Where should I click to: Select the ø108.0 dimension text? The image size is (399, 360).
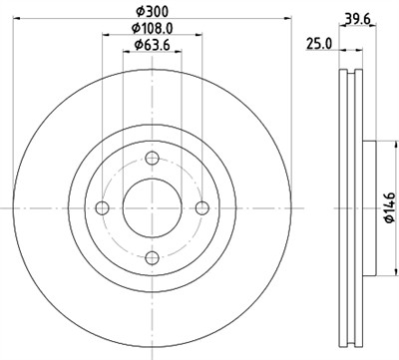[152, 29]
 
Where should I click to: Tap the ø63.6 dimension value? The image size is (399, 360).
[152, 47]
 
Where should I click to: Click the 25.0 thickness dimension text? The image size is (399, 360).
[318, 44]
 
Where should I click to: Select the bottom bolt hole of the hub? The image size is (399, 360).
[152, 258]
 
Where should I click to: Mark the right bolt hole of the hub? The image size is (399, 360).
[202, 207]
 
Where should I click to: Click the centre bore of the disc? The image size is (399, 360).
[152, 207]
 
